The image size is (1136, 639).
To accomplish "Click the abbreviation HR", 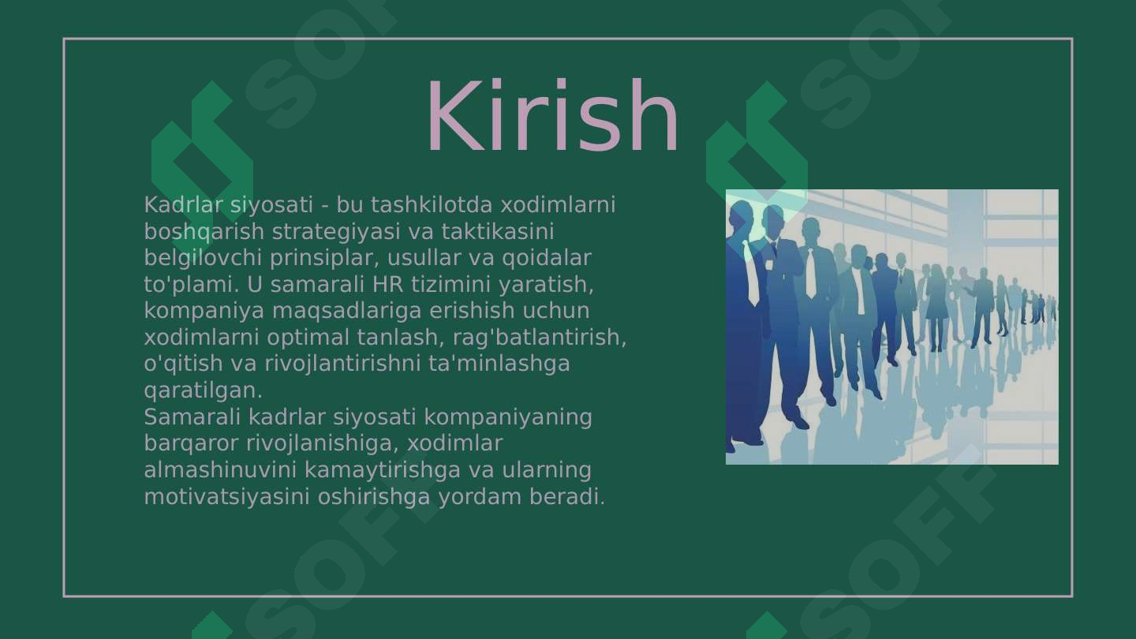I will click(x=388, y=285).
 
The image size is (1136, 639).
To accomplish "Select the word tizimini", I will click(x=451, y=285).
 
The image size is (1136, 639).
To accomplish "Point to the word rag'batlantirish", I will click(x=540, y=338).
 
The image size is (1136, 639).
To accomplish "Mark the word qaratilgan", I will click(x=203, y=390).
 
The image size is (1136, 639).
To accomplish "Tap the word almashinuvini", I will click(x=220, y=470).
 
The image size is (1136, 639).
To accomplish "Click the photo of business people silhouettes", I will click(x=891, y=327).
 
